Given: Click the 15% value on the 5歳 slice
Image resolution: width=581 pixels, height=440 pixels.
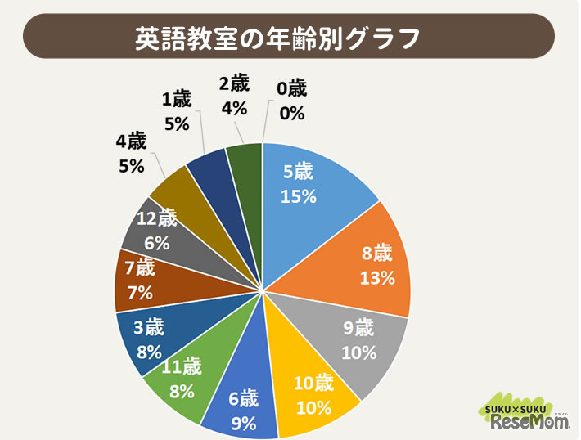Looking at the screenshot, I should (299, 197).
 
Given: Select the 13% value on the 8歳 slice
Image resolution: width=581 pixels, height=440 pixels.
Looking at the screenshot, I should (377, 277).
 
